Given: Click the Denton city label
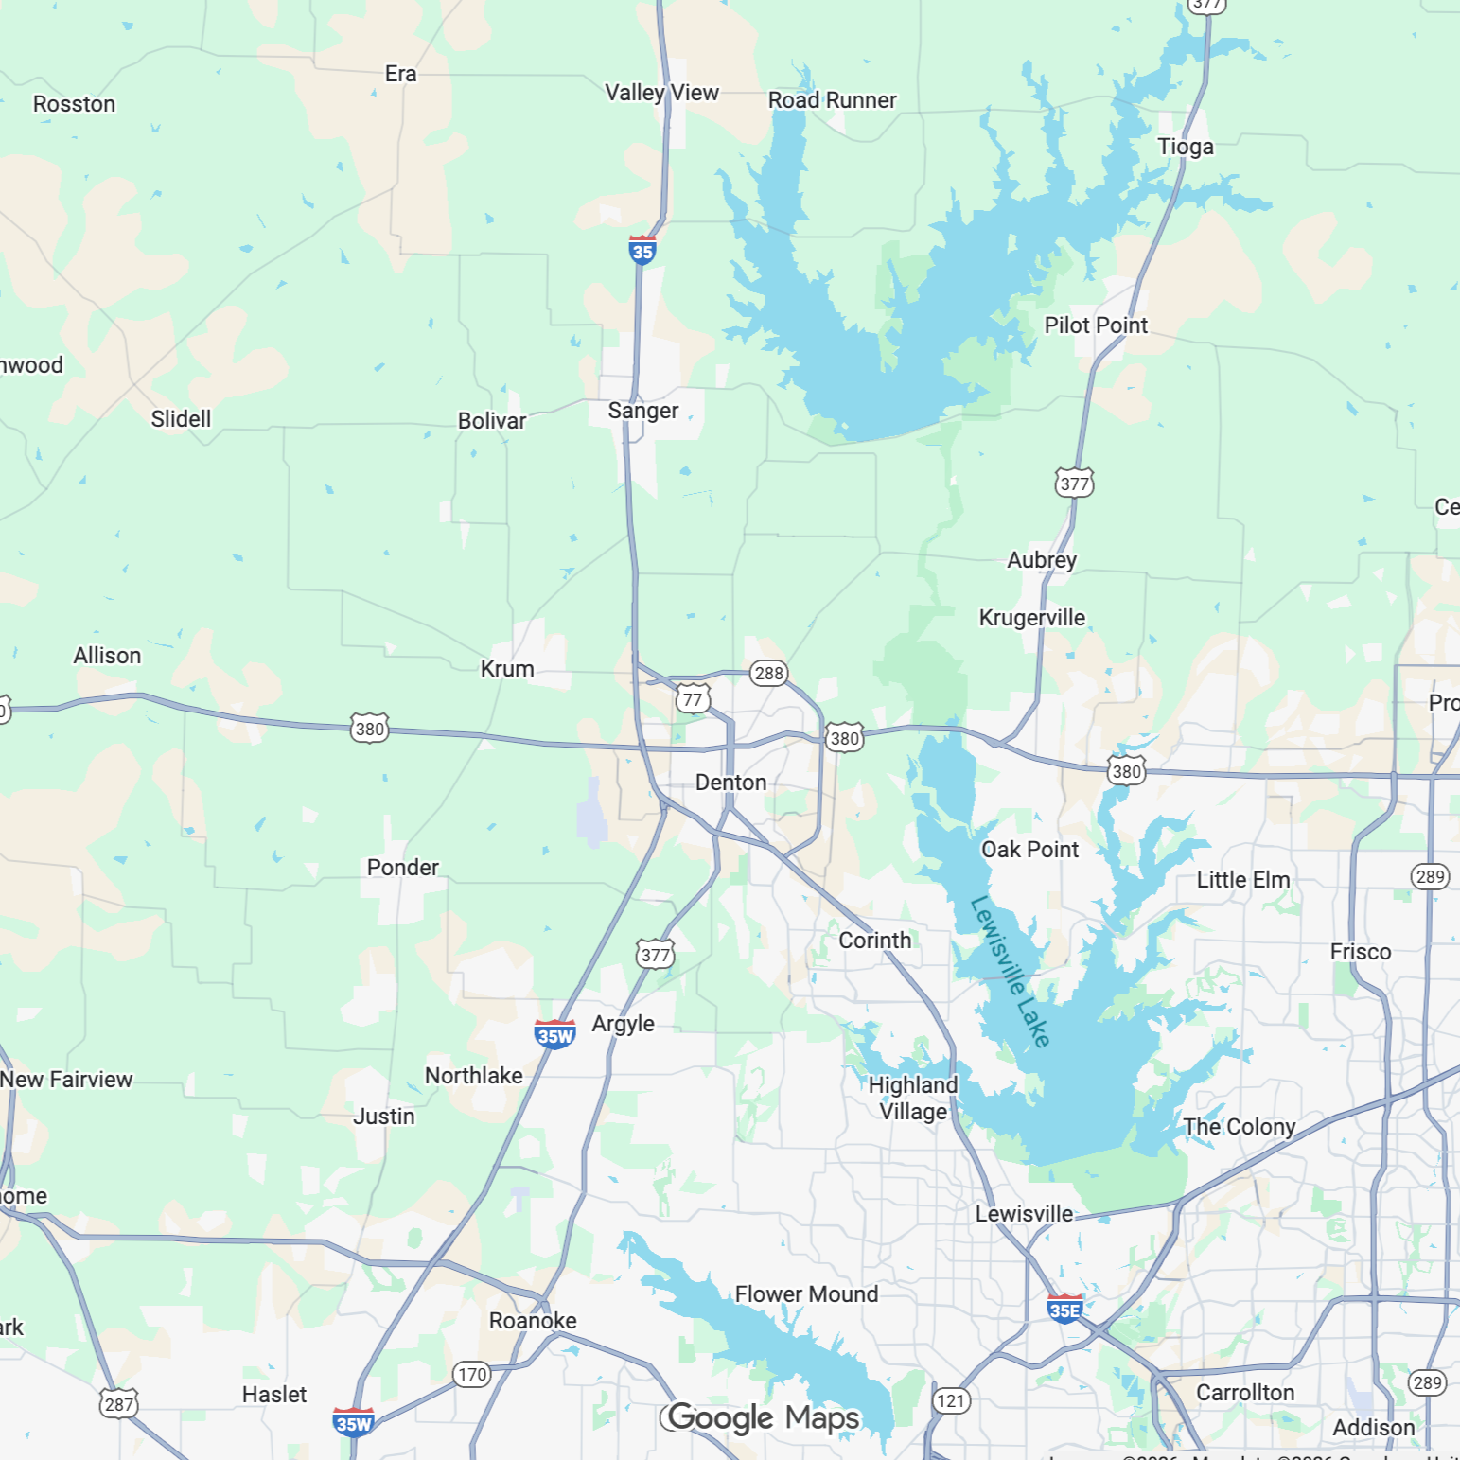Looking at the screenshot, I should [730, 783].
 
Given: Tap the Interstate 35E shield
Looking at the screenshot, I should [1064, 1310].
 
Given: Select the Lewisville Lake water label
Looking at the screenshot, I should [1011, 972].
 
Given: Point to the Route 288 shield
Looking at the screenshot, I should [768, 673].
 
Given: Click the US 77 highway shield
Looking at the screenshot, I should [693, 699].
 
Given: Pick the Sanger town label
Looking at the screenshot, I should [643, 411].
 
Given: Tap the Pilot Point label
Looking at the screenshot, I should [1096, 325].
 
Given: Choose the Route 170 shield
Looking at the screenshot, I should [471, 1374].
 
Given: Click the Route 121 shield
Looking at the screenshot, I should [951, 1400].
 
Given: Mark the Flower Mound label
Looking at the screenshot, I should [806, 1294].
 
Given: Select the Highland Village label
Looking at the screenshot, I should [913, 1099].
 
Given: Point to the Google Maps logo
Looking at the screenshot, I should [763, 1417].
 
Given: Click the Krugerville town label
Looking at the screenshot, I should [1031, 618].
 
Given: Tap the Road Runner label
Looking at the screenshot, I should [832, 100].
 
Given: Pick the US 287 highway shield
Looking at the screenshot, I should [119, 1404].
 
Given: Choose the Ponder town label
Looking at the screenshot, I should [403, 868].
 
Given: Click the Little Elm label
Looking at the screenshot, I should [1242, 880].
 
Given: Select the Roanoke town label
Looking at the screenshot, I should [533, 1321].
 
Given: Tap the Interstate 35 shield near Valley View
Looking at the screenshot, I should [642, 251].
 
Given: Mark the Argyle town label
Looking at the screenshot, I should [623, 1024].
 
